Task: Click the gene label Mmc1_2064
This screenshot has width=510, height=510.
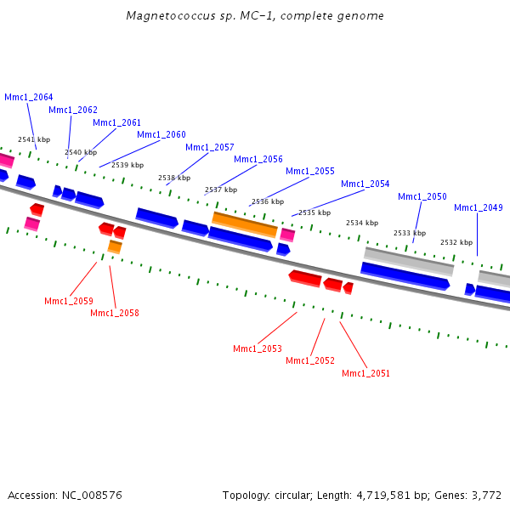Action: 29,97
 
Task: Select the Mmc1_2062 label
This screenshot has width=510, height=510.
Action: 73,110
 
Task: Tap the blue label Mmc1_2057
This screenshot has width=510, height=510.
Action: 210,147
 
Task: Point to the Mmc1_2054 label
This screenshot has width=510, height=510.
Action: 365,184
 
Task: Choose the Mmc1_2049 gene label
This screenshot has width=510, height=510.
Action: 479,207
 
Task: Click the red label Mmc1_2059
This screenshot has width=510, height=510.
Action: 69,301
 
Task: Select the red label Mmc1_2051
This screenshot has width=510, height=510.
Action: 365,373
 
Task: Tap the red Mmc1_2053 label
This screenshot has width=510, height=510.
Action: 258,348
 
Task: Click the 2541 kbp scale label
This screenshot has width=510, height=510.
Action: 34,139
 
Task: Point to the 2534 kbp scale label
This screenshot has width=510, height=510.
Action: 362,223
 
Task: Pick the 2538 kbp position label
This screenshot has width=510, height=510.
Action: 174,178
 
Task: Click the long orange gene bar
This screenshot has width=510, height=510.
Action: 245,224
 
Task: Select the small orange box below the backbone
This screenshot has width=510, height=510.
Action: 115,246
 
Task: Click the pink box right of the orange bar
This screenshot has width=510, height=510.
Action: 287,235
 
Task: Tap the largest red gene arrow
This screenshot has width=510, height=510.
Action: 305,279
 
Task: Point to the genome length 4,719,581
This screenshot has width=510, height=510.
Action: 383,496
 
